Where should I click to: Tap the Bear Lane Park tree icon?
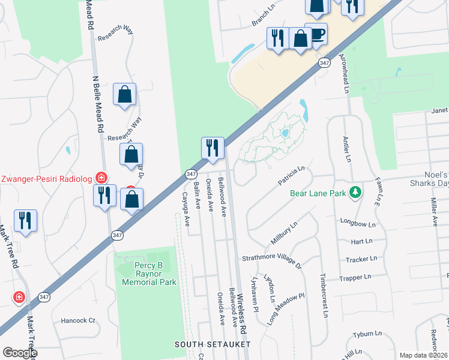357,192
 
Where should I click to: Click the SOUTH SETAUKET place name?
212,344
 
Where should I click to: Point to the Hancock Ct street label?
78,320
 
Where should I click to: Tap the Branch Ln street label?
262,20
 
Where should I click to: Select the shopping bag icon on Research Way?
124,94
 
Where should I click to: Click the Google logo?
19,353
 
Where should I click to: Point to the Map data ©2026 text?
423,355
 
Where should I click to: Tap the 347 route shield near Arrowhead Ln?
324,62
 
